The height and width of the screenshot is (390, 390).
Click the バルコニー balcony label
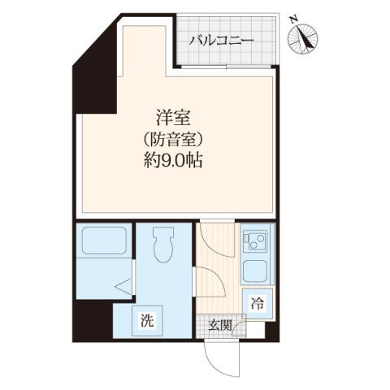pyautogui.click(x=222, y=40)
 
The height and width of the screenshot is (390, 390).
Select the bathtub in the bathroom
pyautogui.click(x=102, y=242)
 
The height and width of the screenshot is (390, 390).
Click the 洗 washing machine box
pyautogui.click(x=147, y=320)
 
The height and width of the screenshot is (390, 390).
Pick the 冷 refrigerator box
pyautogui.click(x=257, y=305)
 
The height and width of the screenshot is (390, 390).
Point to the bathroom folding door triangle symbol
pyautogui.click(x=122, y=285)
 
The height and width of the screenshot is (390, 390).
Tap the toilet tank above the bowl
pyautogui.click(x=162, y=233)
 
